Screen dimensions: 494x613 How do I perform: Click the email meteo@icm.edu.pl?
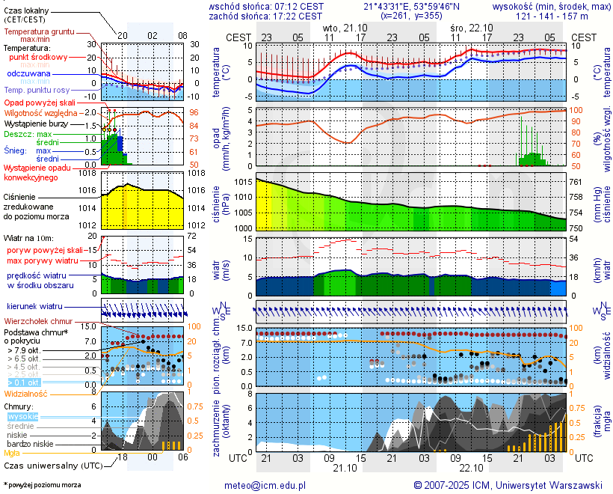[x=266, y=485]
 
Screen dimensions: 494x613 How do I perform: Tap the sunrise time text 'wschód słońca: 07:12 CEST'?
[x=266, y=6]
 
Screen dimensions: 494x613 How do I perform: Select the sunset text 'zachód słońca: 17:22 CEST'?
[x=266, y=16]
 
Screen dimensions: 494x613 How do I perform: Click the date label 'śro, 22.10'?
[x=471, y=27]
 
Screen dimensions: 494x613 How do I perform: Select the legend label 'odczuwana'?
[x=29, y=74]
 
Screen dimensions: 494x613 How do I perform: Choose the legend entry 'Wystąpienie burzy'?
[x=35, y=123]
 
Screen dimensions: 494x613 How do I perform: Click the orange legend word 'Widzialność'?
[x=26, y=393]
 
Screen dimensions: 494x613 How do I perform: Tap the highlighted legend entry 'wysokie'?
[x=22, y=416]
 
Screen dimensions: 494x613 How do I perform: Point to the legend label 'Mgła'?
[x=12, y=453]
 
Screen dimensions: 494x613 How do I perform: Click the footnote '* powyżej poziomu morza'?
[x=42, y=485]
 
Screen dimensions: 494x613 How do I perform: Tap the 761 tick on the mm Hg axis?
[x=577, y=183]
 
